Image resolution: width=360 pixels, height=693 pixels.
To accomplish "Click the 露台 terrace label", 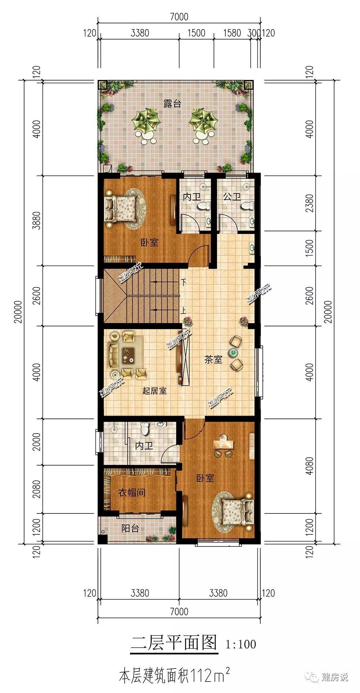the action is click(x=172, y=104).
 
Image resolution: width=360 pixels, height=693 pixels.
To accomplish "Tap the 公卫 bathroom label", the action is click(x=232, y=197).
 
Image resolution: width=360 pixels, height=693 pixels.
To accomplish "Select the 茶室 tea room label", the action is click(x=213, y=359).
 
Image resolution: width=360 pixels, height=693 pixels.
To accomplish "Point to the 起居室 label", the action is click(x=154, y=390).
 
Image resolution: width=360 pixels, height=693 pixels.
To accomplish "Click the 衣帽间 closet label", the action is click(x=132, y=492).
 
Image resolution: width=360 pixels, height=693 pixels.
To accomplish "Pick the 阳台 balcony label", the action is click(x=130, y=528).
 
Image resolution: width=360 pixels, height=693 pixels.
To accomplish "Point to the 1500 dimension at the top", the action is click(x=196, y=33).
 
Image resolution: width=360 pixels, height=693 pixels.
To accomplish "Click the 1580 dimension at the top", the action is click(x=232, y=33).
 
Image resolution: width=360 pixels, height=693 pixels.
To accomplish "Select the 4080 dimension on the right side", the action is click(x=309, y=466).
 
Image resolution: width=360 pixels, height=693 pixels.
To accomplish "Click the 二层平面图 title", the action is click(x=174, y=643).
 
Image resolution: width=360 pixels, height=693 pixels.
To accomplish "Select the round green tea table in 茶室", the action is click(x=234, y=352).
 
